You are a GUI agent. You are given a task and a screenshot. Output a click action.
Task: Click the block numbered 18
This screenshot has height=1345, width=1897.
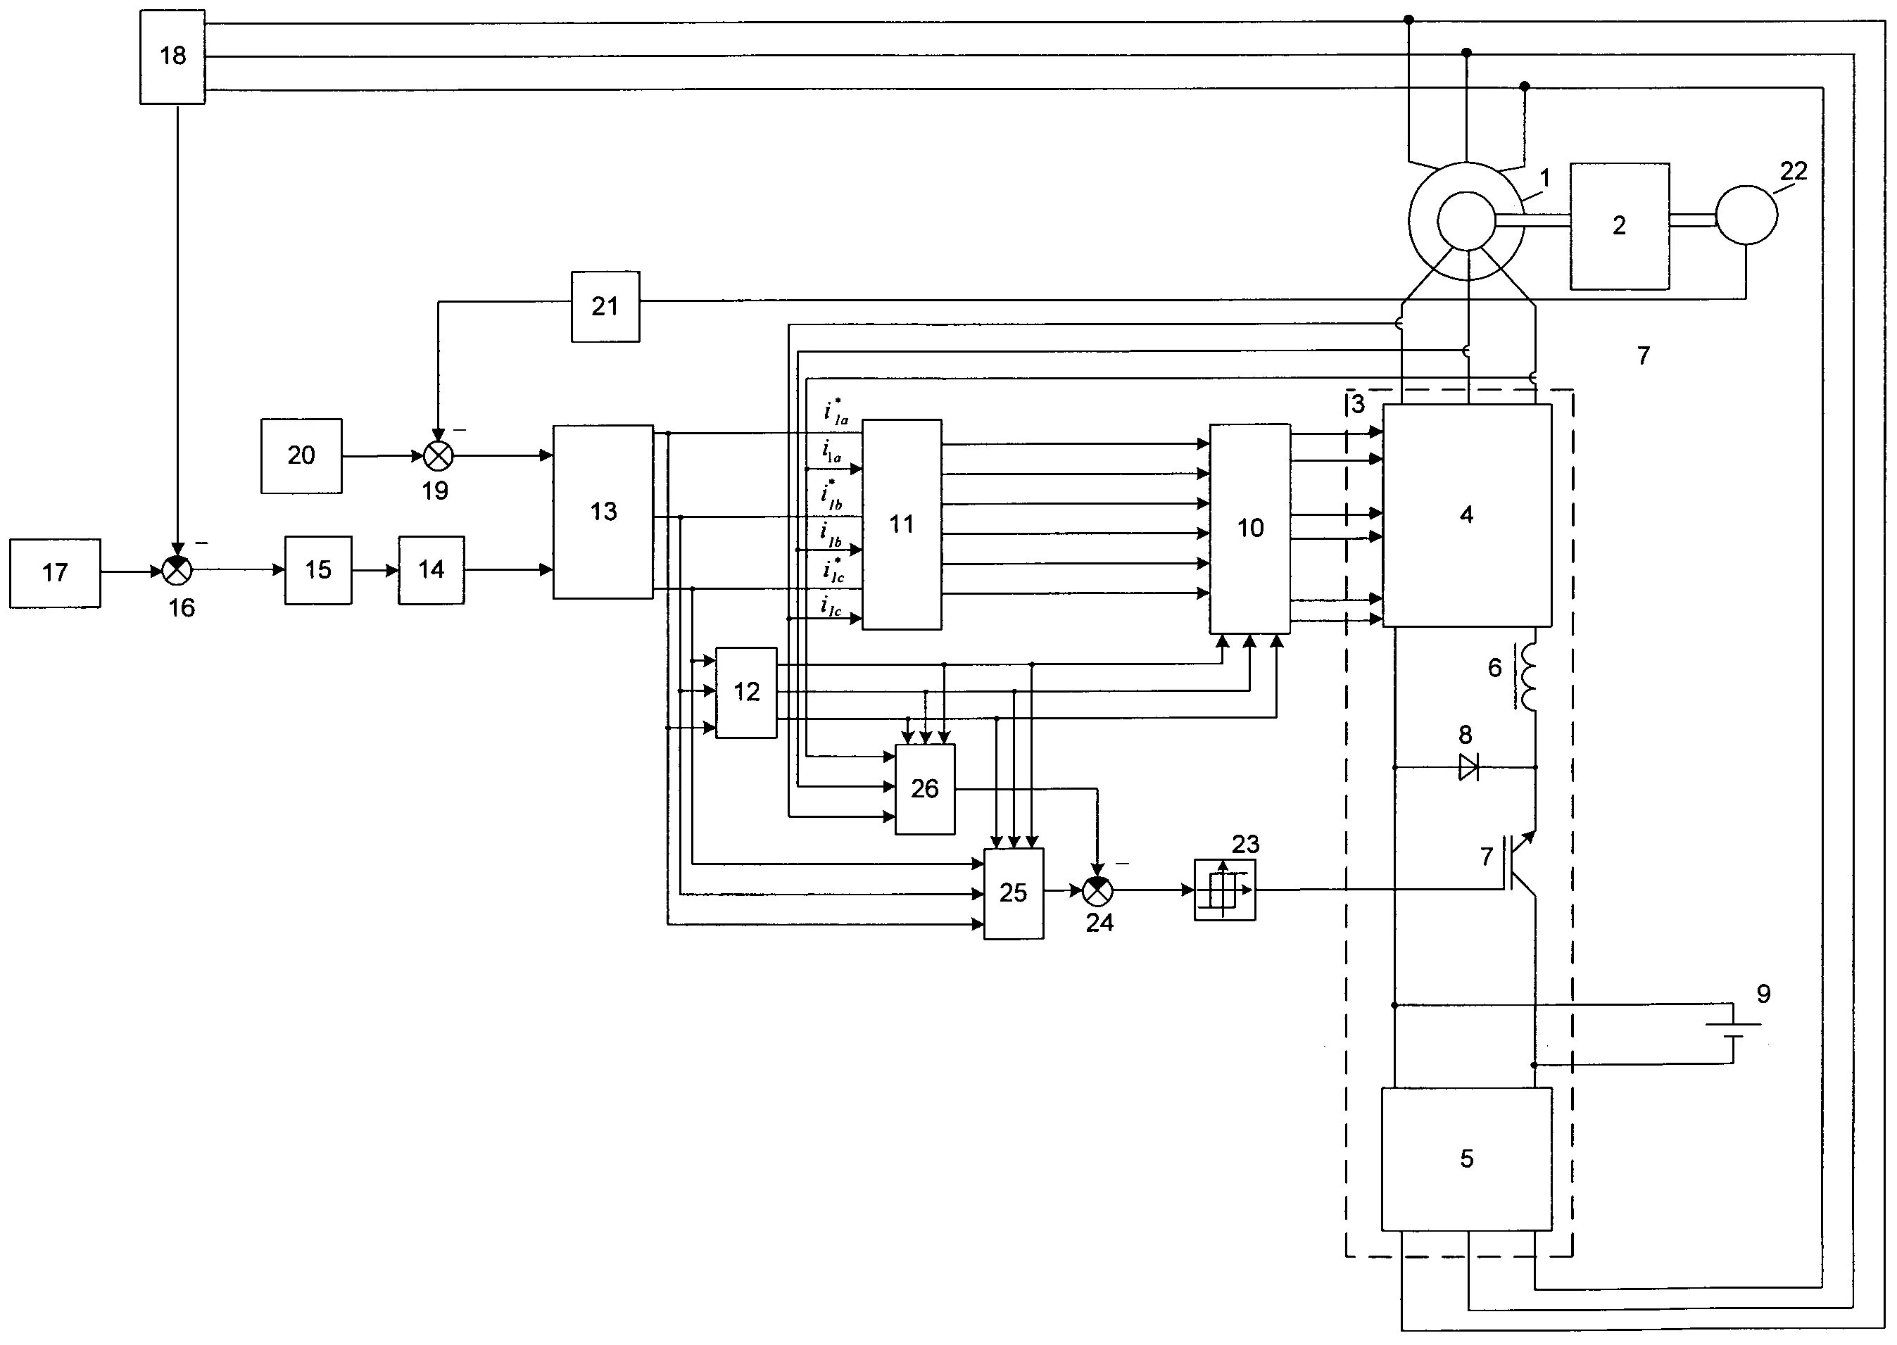pyautogui.click(x=172, y=56)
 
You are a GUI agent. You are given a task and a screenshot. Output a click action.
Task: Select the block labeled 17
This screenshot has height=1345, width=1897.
pyautogui.click(x=56, y=573)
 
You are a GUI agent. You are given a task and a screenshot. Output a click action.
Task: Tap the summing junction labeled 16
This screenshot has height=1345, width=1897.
pyautogui.click(x=177, y=570)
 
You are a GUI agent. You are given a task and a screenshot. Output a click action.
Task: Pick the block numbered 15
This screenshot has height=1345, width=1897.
pyautogui.click(x=318, y=570)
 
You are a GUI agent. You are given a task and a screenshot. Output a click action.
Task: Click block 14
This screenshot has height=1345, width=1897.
pyautogui.click(x=431, y=570)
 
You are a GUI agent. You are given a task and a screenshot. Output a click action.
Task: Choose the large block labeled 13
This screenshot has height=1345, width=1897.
pyautogui.click(x=603, y=512)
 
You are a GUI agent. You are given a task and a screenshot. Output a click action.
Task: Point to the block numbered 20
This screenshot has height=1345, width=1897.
pyautogui.click(x=301, y=455)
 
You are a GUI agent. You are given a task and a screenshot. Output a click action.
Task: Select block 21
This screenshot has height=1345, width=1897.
pyautogui.click(x=605, y=306)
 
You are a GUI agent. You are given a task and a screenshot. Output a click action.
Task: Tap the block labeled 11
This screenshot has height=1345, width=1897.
pyautogui.click(x=901, y=524)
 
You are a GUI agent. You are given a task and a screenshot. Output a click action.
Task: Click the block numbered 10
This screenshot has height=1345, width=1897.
pyautogui.click(x=1250, y=528)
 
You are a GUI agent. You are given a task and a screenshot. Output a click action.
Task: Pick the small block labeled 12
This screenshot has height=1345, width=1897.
pyautogui.click(x=746, y=693)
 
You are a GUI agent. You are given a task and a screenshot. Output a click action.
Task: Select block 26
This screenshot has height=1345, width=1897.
pyautogui.click(x=924, y=788)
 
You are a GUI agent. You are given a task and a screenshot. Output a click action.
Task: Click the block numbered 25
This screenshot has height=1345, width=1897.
pyautogui.click(x=1013, y=893)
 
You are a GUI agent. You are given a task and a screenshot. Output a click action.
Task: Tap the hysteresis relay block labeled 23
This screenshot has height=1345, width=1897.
pyautogui.click(x=1224, y=890)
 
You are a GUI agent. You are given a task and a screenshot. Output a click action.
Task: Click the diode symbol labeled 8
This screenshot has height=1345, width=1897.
pyautogui.click(x=1468, y=768)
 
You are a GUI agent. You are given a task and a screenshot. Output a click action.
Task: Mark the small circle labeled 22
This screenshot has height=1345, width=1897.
pyautogui.click(x=1746, y=214)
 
